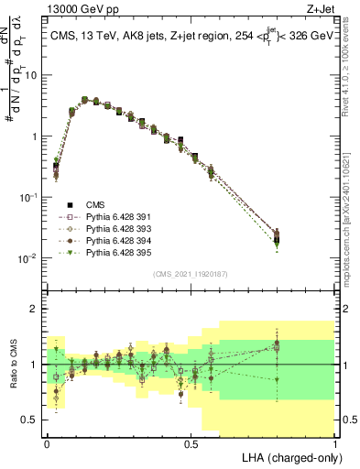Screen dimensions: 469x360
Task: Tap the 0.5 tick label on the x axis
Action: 191,443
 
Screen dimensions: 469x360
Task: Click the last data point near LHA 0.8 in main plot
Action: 277,238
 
